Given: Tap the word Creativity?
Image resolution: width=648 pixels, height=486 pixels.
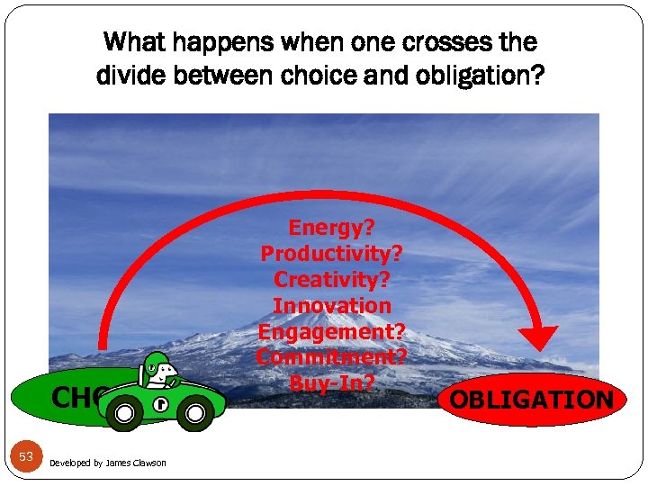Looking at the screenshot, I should (x=331, y=281).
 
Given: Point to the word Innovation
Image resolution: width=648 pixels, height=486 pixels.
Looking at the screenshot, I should (x=331, y=306).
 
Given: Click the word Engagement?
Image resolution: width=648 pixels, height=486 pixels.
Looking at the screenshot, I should (x=331, y=331).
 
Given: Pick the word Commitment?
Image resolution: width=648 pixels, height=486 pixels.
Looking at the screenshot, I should (x=331, y=356).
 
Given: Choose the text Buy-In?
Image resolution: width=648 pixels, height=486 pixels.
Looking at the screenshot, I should (x=331, y=382).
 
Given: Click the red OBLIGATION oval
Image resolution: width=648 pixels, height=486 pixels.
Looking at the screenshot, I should (x=532, y=400).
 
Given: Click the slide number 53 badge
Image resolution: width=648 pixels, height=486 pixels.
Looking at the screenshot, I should (x=26, y=457).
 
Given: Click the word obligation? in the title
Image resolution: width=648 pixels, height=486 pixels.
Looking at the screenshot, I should (x=486, y=75).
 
